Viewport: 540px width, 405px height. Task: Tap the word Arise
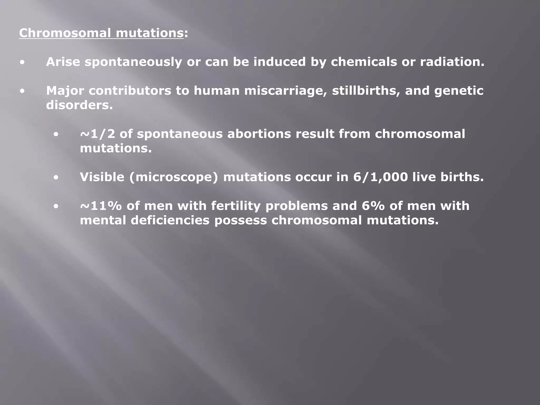[x=63, y=62]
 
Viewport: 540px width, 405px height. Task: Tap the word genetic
[x=459, y=91]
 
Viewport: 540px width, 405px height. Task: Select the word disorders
[x=79, y=105]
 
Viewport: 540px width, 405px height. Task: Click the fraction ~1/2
[x=98, y=134]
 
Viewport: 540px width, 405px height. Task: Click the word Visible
[x=102, y=177]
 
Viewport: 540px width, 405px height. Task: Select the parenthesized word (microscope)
[x=174, y=177]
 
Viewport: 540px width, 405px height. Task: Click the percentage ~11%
[x=101, y=206]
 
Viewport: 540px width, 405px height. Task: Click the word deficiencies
[x=170, y=220]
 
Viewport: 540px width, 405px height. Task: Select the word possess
[x=240, y=220]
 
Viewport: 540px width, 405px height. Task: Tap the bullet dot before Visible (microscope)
[x=56, y=178]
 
